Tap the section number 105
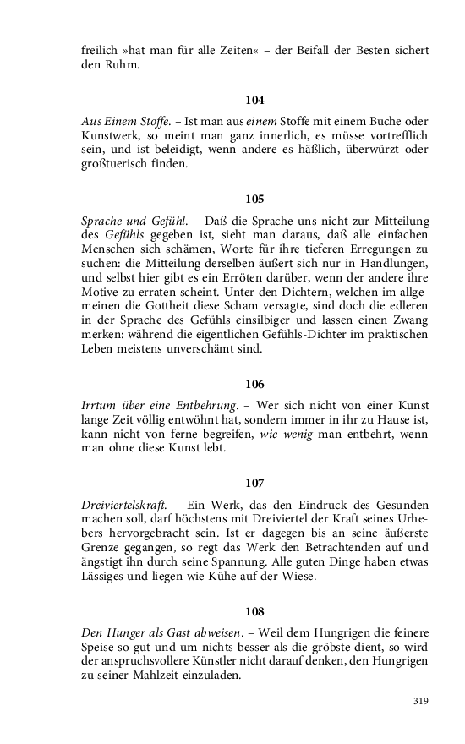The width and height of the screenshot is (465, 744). pyautogui.click(x=254, y=200)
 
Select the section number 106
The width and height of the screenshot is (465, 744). pyautogui.click(x=254, y=383)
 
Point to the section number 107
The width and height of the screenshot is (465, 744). pyautogui.click(x=254, y=483)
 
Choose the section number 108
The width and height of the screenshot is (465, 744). pyautogui.click(x=254, y=611)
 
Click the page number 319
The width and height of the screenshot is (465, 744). pyautogui.click(x=421, y=701)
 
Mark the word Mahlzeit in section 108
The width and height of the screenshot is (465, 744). pyautogui.click(x=180, y=677)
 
